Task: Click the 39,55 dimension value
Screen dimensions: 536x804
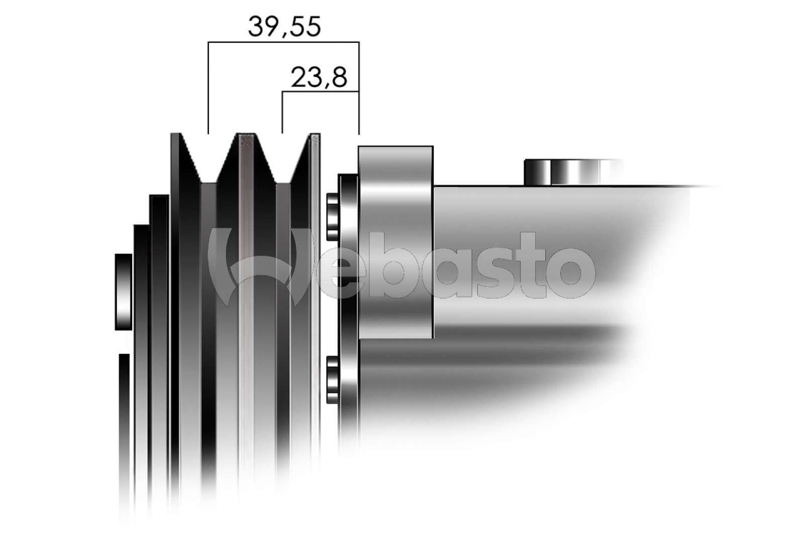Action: coord(284,27)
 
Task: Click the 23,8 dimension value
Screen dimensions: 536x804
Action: coord(319,78)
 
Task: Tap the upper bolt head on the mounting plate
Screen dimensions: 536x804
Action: coord(332,217)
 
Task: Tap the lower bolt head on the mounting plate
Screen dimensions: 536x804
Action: coord(332,379)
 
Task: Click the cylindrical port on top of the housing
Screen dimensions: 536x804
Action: coord(573,172)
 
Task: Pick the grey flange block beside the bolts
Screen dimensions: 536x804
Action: coord(395,241)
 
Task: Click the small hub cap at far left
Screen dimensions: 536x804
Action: coord(123,292)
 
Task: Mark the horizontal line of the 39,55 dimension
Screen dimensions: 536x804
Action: coord(283,42)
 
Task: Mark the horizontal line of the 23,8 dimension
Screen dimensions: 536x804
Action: coord(320,92)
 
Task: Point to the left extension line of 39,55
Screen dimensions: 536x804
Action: coord(209,88)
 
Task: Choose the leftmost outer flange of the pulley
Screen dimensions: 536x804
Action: coord(176,302)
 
